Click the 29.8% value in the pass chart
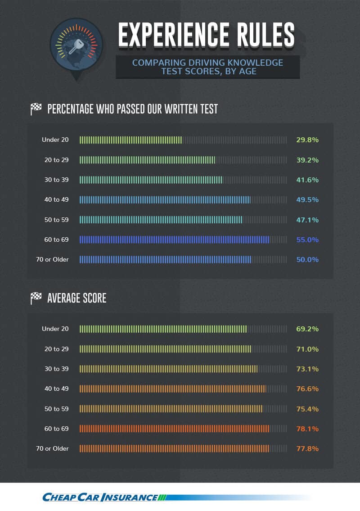coord(307,140)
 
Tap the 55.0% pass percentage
coord(307,240)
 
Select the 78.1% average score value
coord(307,429)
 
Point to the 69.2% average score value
coord(307,329)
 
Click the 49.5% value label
coord(307,200)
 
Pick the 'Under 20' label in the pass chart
coord(55,140)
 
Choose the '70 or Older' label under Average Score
coord(52,449)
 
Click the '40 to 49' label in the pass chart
coord(56,200)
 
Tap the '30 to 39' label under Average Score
coord(56,369)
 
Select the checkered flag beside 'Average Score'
coord(36,298)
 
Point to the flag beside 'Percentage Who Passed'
coord(36,109)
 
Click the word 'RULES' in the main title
coord(265,34)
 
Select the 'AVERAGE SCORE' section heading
coord(77,298)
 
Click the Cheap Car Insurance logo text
coord(100,497)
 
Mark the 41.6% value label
coord(307,180)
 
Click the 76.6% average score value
coord(307,389)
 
